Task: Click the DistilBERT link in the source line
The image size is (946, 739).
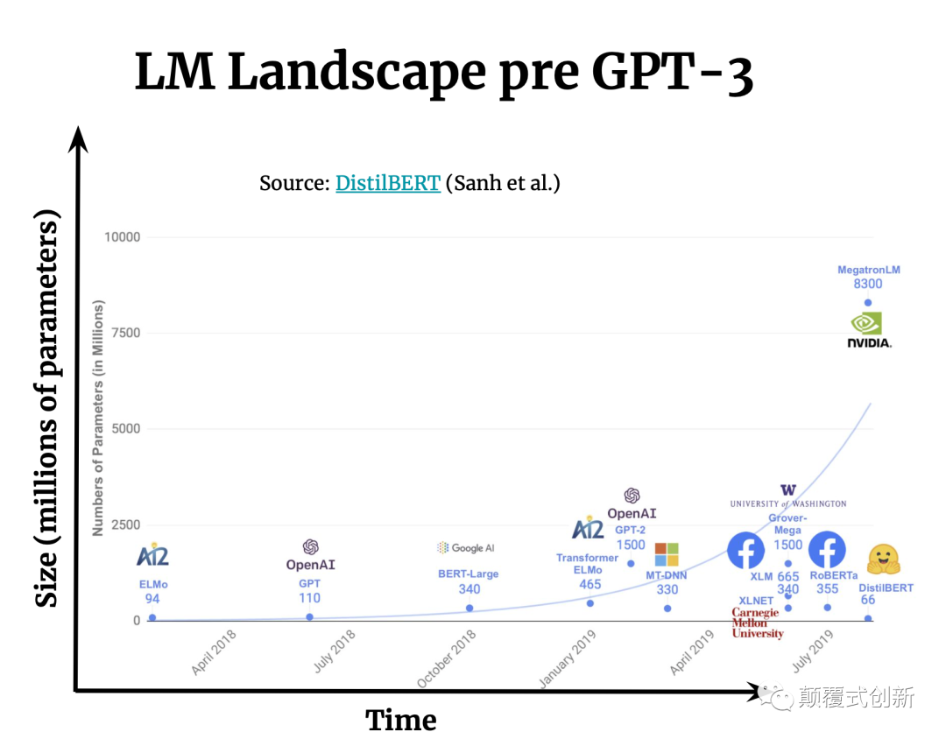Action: (x=387, y=183)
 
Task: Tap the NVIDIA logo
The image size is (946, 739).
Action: (x=868, y=330)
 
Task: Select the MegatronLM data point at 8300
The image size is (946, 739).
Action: (x=868, y=303)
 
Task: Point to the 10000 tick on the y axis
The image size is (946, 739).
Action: (x=122, y=237)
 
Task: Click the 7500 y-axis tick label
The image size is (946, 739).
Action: (x=125, y=333)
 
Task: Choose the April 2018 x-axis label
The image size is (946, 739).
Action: (x=214, y=652)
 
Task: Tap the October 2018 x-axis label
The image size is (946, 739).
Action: (x=447, y=658)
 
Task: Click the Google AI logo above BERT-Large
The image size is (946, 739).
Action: (x=466, y=548)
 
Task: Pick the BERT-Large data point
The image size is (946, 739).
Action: (x=469, y=609)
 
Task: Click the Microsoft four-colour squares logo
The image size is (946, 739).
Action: (x=667, y=554)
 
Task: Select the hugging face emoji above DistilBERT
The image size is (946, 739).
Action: (x=884, y=560)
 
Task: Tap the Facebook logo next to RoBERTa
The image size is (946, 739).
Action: (x=826, y=551)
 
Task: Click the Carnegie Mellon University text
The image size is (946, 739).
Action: (x=757, y=623)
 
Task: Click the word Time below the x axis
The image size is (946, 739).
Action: (x=400, y=720)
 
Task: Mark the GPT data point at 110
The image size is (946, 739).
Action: (x=310, y=617)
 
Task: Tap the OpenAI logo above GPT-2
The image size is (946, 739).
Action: (x=632, y=496)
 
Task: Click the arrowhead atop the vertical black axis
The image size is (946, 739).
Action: (x=80, y=137)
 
